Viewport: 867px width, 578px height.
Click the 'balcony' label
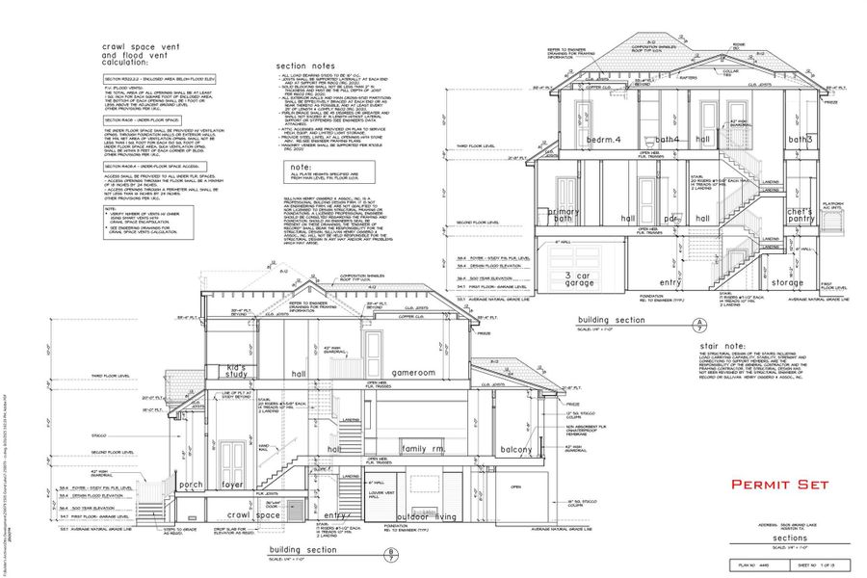coord(517,450)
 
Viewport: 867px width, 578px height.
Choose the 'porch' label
coord(191,486)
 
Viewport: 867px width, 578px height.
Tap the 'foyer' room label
coord(232,486)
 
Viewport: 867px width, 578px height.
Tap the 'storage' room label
coord(787,283)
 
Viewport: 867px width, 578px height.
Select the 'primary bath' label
coord(564,216)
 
